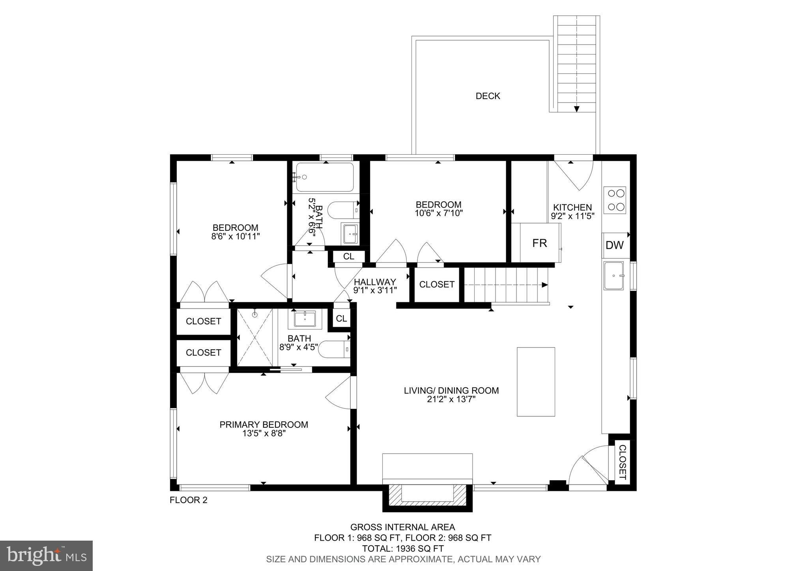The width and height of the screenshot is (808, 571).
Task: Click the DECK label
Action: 488,96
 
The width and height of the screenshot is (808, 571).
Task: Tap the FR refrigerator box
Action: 540,243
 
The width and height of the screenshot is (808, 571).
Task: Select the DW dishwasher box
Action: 615,245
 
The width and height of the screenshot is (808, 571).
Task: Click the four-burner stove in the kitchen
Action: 615,200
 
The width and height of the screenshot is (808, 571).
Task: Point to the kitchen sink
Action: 613,275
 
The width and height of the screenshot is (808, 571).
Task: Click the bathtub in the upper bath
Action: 325,177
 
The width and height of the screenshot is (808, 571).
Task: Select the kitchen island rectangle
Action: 536,382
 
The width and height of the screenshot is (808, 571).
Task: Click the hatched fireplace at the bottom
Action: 427,498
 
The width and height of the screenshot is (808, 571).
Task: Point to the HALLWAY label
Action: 374,282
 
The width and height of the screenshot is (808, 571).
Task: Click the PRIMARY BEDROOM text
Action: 264,425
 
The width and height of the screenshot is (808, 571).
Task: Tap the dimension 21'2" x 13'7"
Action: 451,399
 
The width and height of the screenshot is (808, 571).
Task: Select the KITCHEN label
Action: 572,207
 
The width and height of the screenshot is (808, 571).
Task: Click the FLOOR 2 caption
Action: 188,500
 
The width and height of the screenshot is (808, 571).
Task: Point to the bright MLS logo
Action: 47,556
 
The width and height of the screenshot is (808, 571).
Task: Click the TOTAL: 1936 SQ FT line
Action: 403,549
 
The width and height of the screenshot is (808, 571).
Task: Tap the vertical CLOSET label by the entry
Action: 622,462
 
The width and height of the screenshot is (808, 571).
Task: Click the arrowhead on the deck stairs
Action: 577,109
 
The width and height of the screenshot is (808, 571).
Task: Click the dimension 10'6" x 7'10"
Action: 438,213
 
